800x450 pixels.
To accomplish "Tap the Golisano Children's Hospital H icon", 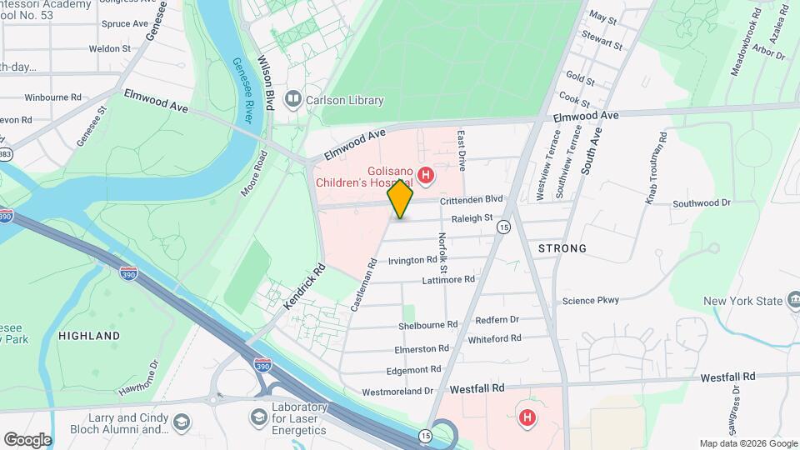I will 426,175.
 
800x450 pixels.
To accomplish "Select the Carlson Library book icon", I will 292,101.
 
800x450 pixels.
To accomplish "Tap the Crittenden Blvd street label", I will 472,199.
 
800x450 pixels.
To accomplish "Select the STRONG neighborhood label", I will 562,248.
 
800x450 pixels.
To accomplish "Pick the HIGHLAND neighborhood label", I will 89,336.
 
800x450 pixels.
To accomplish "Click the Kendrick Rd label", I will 304,287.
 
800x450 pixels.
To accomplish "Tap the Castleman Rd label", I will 364,284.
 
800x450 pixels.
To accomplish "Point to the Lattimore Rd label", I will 448,280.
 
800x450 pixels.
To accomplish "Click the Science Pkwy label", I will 592,301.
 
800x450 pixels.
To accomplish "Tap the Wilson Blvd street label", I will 266,83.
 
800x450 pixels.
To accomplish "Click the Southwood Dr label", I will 702,202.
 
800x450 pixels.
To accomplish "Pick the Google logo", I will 27,439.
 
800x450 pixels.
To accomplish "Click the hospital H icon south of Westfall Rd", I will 527,417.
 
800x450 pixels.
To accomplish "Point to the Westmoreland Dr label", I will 398,391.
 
